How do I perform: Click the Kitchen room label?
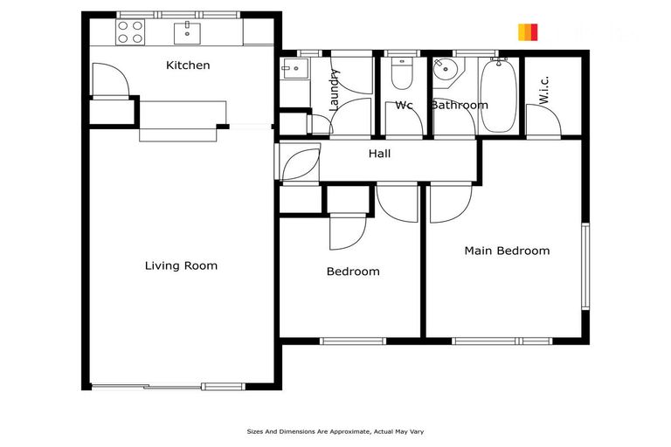[188, 65]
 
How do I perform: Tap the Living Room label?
[181, 265]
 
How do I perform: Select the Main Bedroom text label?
[507, 251]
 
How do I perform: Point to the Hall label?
[379, 154]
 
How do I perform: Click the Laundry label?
[333, 90]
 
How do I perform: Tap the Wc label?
[404, 105]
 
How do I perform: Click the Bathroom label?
[459, 105]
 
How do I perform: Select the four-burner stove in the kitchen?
[131, 32]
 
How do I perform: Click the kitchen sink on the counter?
[188, 33]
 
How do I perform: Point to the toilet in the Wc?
[403, 75]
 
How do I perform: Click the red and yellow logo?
[528, 32]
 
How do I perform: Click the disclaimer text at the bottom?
[335, 431]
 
